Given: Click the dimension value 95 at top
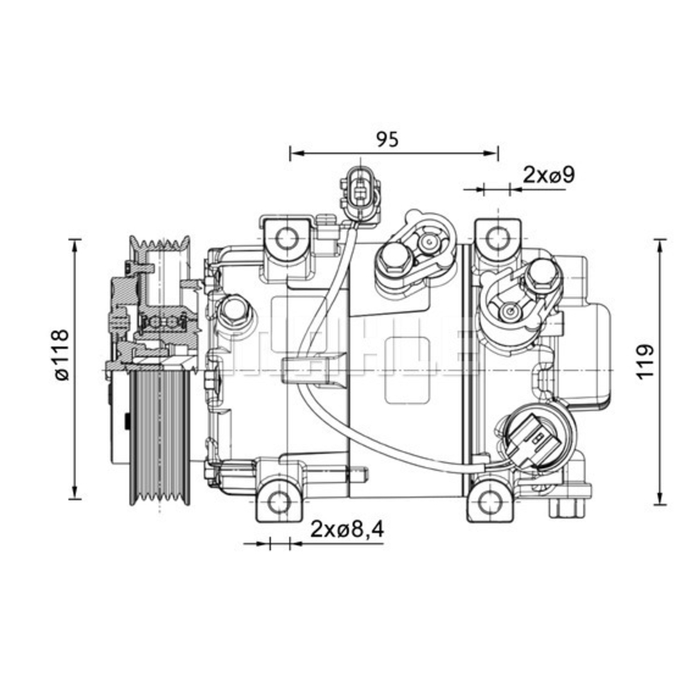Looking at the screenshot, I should [387, 139].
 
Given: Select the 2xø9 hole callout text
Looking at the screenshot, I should [549, 174].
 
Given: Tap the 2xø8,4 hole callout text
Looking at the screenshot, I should [346, 529].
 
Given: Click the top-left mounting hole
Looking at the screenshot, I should [286, 239].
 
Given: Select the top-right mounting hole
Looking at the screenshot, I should [496, 239].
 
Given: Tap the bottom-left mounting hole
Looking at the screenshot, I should [279, 500].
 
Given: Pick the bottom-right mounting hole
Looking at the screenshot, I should [490, 500].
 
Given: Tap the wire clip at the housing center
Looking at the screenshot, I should [313, 368].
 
